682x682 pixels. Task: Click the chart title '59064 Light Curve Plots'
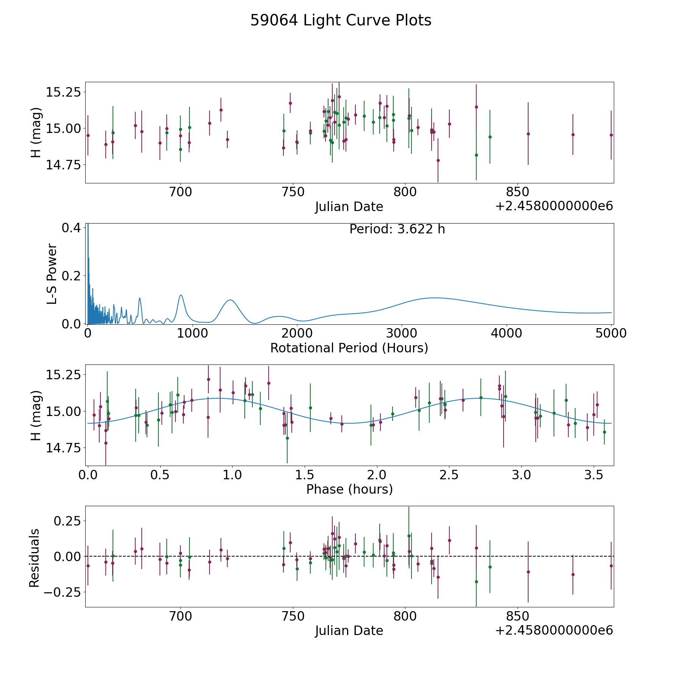point(341,20)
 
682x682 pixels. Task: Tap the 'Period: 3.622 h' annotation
point(397,229)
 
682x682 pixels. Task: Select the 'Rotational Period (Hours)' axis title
point(349,348)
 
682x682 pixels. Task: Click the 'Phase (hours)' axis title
point(349,489)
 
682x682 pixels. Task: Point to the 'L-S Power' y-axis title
point(52,274)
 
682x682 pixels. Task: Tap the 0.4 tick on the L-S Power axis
point(71,228)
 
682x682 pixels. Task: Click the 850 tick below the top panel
point(517,192)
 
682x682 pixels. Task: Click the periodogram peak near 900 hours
point(181,295)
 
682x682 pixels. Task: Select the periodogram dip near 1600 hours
point(255,323)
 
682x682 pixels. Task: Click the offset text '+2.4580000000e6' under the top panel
point(554,206)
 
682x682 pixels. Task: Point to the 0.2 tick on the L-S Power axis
point(71,276)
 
